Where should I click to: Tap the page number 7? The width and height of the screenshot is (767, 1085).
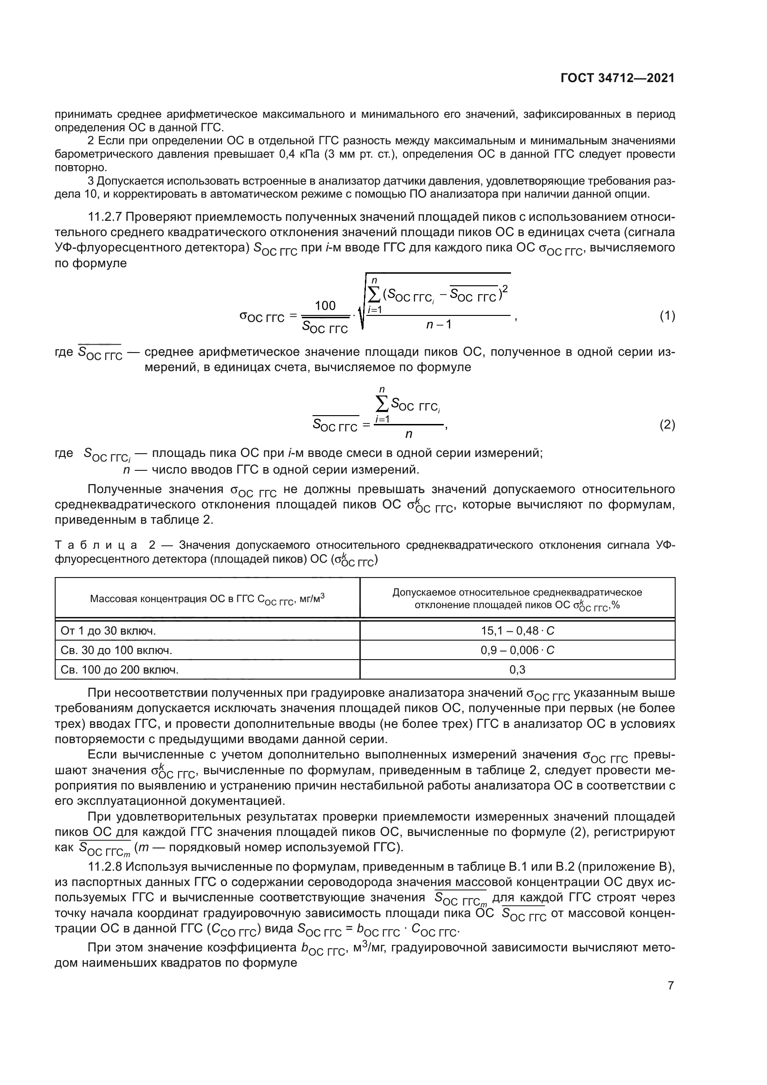click(671, 986)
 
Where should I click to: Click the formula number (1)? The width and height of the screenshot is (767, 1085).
click(667, 316)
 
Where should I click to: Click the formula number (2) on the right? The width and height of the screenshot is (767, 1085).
click(667, 425)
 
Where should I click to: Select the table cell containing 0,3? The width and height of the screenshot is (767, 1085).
click(517, 670)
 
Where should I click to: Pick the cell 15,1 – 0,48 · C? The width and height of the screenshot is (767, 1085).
click(517, 631)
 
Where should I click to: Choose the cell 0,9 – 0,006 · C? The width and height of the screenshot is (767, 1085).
click(517, 650)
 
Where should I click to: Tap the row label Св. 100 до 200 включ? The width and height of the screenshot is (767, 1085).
click(120, 670)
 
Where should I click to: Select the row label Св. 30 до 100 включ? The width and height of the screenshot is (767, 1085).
click(116, 650)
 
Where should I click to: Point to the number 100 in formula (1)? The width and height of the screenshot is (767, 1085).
click(325, 306)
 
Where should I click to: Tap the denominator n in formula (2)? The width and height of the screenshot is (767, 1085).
click(409, 434)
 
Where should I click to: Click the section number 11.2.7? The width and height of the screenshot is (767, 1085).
click(105, 217)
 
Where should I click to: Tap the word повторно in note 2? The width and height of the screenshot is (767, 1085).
click(81, 167)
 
